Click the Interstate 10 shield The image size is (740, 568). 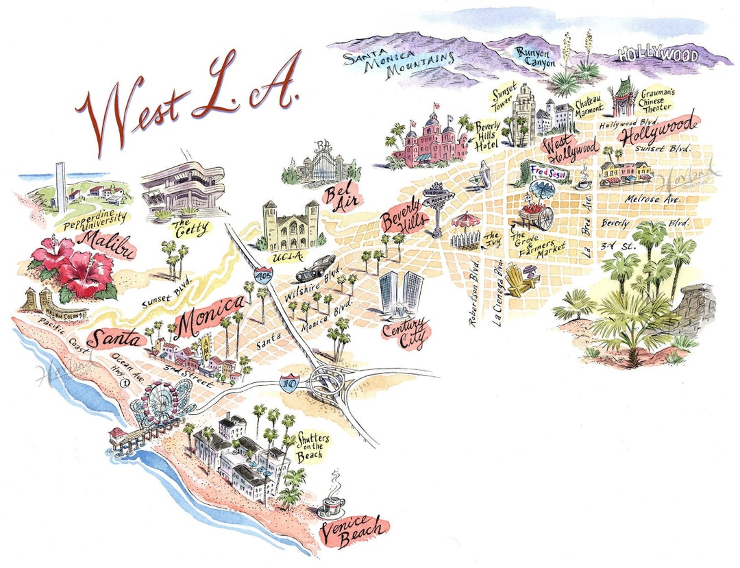pyautogui.click(x=289, y=382)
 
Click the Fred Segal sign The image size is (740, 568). pyautogui.click(x=546, y=170)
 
